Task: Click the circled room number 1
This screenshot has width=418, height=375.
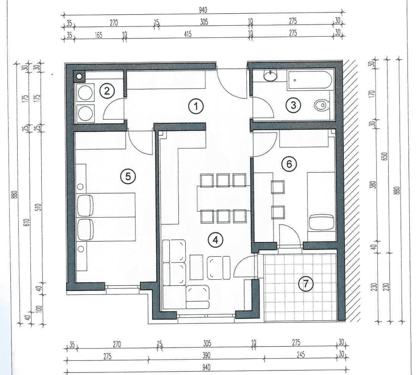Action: (x=196, y=107)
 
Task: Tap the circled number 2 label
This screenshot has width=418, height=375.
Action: (x=107, y=91)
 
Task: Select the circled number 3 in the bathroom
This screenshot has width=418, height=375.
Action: (x=293, y=105)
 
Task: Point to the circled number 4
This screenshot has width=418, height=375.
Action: (x=215, y=240)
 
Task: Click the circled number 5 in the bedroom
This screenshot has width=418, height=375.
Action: (x=128, y=177)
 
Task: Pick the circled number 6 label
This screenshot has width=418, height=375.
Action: (x=289, y=164)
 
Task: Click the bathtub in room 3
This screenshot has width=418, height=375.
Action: (x=310, y=80)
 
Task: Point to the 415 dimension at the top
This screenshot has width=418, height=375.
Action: (x=188, y=34)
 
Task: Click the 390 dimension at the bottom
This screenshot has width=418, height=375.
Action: (x=206, y=356)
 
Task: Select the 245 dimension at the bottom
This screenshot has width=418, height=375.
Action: (x=301, y=355)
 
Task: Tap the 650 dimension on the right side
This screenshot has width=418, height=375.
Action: (x=385, y=156)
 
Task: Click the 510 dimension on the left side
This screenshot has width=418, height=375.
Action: (x=39, y=207)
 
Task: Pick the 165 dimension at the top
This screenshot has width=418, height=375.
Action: (x=99, y=35)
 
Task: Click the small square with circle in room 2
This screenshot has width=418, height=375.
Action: (x=79, y=76)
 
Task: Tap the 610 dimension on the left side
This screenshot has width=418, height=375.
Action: (x=27, y=222)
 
